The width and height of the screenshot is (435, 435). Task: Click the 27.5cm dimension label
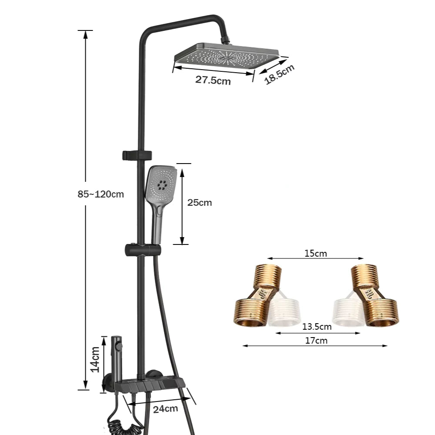pos(213,80)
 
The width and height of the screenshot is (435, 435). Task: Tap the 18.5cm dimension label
pos(279,74)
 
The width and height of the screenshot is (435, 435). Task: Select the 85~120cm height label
pos(101,194)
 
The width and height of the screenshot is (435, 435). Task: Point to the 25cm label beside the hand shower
pos(200,203)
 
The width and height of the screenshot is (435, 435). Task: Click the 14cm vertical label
pos(95,359)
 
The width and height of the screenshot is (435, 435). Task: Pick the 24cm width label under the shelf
pos(165,409)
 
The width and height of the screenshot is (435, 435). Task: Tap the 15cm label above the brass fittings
pos(316,253)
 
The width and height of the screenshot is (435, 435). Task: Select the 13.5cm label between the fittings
pos(317,327)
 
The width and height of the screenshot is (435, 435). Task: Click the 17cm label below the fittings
pos(316,341)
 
